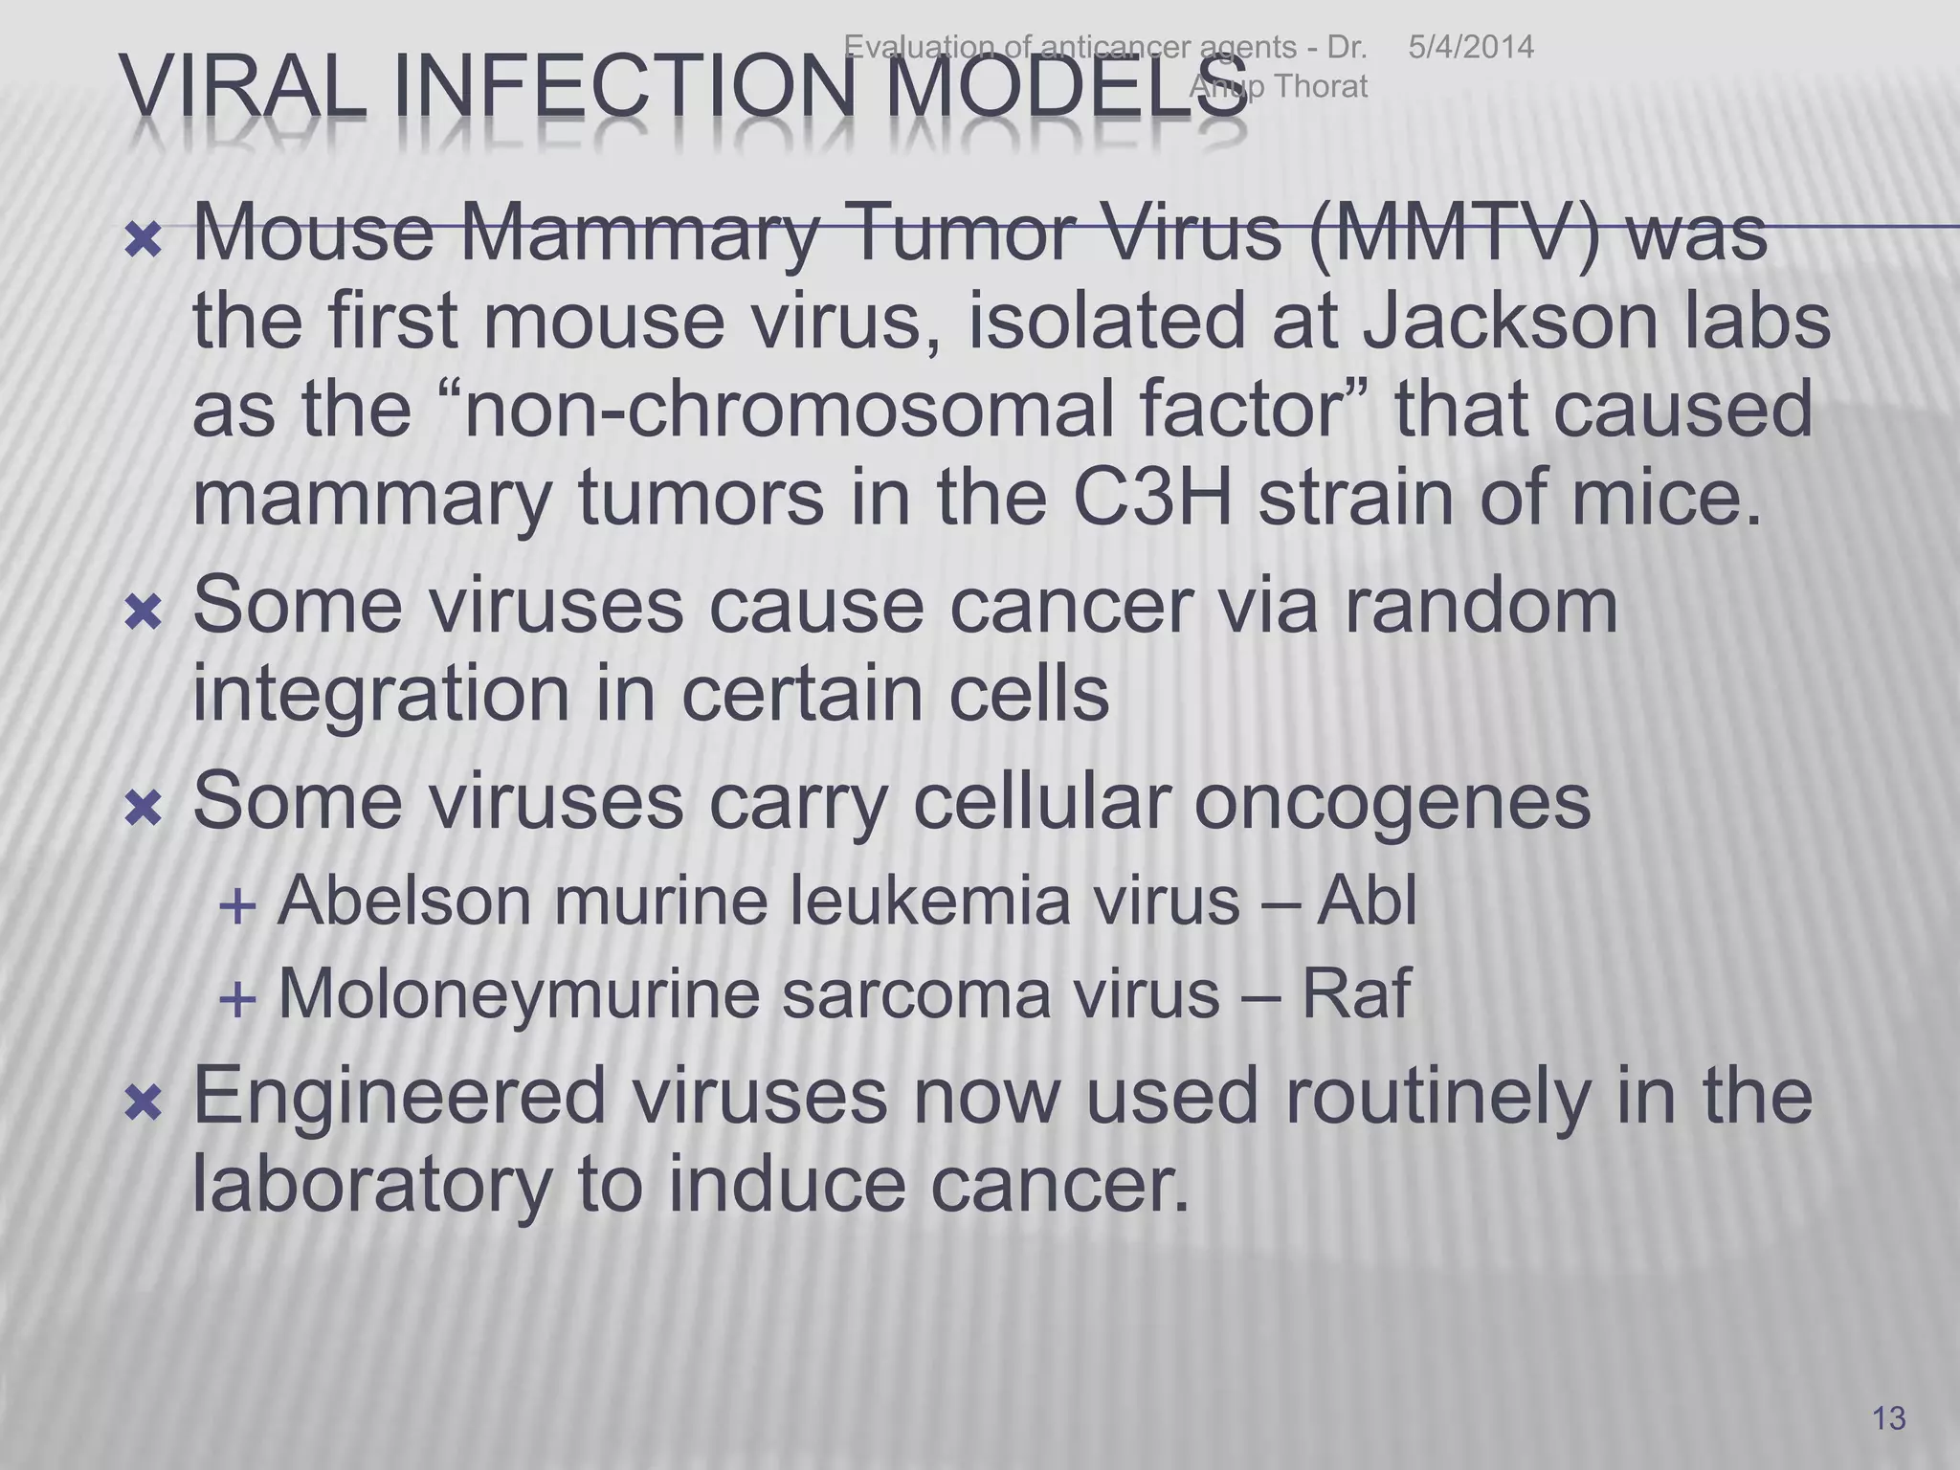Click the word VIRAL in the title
[x=244, y=89]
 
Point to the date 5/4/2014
[x=1471, y=47]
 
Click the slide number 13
[x=1888, y=1417]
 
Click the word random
[x=1481, y=605]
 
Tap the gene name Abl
[x=1367, y=901]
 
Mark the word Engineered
[x=400, y=1097]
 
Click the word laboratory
[x=372, y=1185]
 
